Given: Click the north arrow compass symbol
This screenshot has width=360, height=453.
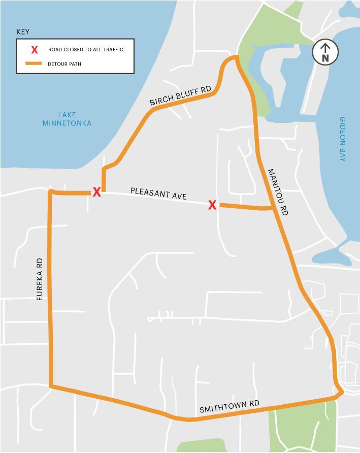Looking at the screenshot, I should pos(325,52).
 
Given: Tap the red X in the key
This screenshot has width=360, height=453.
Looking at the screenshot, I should pos(35,50).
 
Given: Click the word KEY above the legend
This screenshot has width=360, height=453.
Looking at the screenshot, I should pos(23,31).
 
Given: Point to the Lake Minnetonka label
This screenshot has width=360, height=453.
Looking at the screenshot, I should pos(67,119).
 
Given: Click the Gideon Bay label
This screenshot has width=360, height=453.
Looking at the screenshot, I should pos(343,139).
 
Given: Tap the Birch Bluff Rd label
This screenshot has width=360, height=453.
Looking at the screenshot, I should pos(180,95).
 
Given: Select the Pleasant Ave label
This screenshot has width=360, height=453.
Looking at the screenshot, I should pos(158,193).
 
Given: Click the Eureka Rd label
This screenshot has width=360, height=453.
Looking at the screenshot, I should pos(40,279).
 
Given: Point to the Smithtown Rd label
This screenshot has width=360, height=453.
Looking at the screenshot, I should pos(230,406).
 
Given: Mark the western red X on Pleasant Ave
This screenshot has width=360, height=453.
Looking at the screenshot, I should pos(96,192).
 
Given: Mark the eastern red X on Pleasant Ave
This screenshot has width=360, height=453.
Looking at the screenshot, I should pos(212,205).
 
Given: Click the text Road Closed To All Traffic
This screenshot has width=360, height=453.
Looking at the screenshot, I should pos(86,50).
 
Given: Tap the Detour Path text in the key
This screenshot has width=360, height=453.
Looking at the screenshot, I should pos(64,64).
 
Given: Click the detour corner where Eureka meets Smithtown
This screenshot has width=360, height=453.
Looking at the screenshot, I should pos(51,386).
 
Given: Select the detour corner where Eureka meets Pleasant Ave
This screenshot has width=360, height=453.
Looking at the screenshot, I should pos(51,192).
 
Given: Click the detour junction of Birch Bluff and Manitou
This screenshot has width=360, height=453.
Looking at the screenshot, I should pos(236,58).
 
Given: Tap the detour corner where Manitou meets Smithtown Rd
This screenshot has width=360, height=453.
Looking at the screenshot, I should pos(342,392).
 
